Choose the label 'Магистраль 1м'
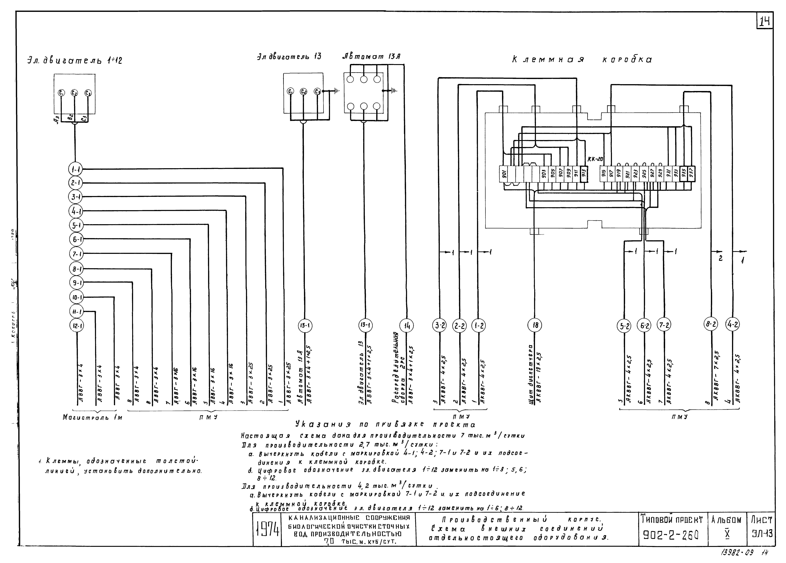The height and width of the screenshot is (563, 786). [92, 418]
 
